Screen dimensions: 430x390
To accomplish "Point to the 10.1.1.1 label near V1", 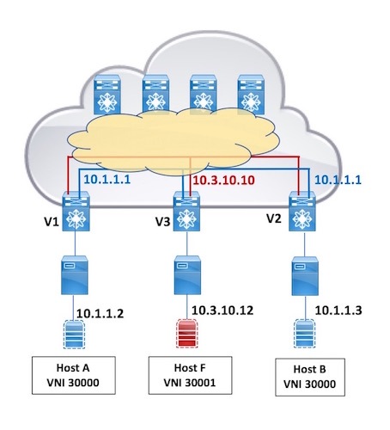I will pos(107,180).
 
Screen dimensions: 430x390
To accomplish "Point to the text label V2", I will pos(271,218).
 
